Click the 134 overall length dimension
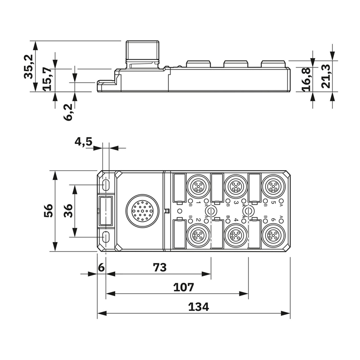[198, 307]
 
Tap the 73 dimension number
[160, 267]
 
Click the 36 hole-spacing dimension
[68, 210]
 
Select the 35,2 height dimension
[29, 66]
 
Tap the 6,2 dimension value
[68, 111]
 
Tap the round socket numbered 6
[273, 234]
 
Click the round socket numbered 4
[234, 234]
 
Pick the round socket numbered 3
[234, 185]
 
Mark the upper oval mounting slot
[107, 184]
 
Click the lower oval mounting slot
[107, 236]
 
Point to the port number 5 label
[274, 202]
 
